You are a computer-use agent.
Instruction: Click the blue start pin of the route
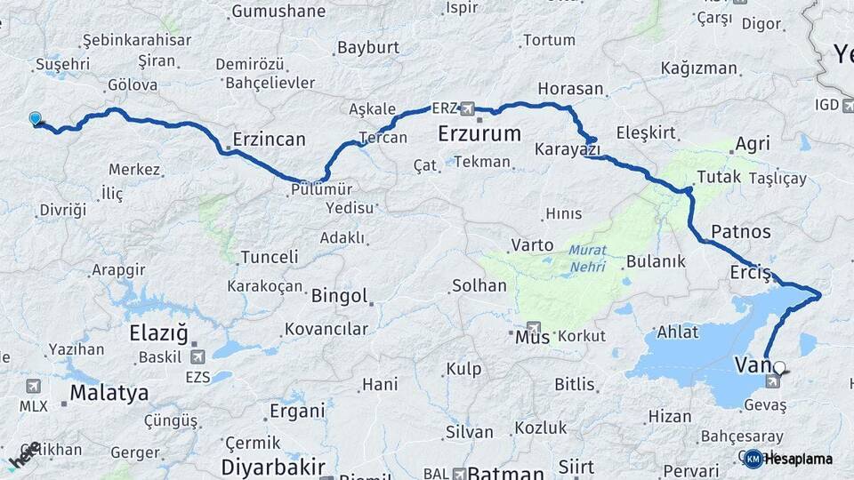tap(35, 118)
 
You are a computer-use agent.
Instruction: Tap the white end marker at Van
tap(779, 367)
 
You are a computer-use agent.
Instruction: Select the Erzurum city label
tap(479, 134)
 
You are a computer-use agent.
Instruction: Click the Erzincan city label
tap(269, 140)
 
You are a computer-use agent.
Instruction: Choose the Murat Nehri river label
tap(587, 258)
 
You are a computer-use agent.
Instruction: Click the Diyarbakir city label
tap(273, 467)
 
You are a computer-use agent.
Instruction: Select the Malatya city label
tap(109, 393)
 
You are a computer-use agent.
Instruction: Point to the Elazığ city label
tap(159, 334)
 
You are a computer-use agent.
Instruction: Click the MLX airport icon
tap(33, 386)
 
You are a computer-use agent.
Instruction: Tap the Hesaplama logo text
tap(798, 459)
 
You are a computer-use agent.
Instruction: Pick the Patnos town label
tap(741, 232)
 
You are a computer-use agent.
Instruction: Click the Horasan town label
tap(570, 90)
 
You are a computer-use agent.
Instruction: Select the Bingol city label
tap(339, 296)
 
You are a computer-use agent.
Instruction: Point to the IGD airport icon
tap(847, 105)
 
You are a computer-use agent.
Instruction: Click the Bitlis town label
tap(574, 384)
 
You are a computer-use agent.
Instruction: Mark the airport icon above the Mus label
tap(533, 327)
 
